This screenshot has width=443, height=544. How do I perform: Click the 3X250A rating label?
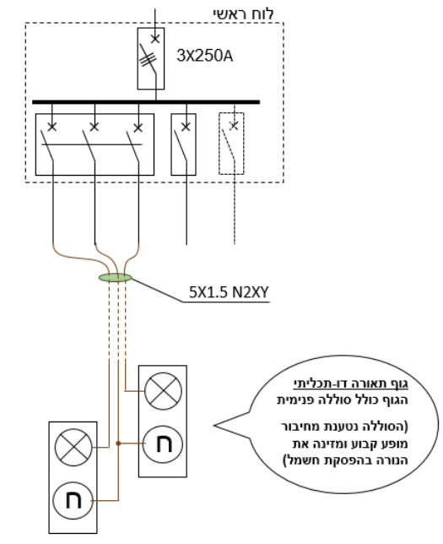[204, 56]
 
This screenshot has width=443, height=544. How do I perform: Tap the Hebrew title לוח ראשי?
[243, 14]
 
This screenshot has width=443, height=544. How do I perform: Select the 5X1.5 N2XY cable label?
[229, 292]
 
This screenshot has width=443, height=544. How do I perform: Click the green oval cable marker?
[116, 278]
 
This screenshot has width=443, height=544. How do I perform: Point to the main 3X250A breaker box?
[151, 58]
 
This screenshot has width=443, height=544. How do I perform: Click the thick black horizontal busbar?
[146, 102]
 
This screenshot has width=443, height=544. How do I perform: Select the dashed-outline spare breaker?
[231, 144]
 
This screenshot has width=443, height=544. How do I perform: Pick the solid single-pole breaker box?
[183, 144]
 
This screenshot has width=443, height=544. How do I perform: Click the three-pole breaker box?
[95, 144]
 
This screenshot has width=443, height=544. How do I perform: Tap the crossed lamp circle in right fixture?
[163, 391]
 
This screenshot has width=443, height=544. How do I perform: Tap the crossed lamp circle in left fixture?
[73, 447]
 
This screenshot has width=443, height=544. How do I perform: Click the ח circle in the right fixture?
[163, 444]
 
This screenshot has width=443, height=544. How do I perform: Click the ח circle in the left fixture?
[73, 501]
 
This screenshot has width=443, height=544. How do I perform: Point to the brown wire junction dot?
[118, 443]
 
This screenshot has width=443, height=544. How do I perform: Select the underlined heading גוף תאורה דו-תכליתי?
[351, 384]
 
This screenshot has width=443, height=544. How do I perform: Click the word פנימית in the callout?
[295, 400]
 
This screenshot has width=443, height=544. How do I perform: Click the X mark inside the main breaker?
[155, 38]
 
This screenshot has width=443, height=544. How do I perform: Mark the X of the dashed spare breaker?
[235, 126]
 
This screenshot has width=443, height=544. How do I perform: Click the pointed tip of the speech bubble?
[213, 425]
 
